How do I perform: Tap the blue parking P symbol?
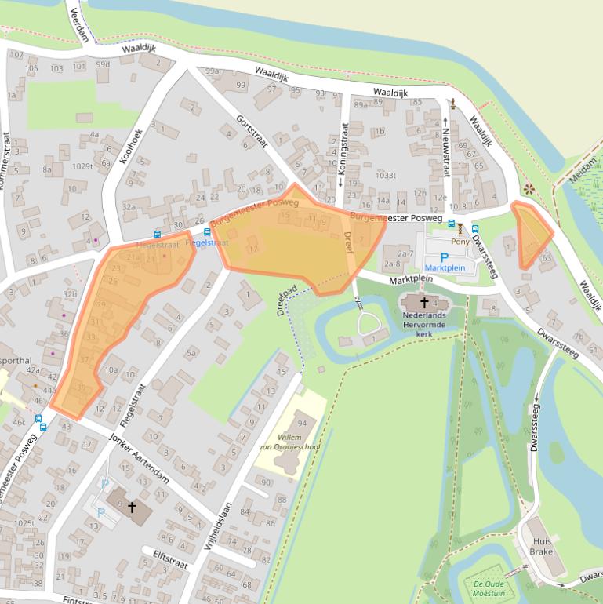[x=445, y=257]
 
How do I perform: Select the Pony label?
[x=460, y=243]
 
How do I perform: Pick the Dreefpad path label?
[x=289, y=299]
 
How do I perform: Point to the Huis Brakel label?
[x=542, y=546]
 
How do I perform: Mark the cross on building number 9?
[x=132, y=508]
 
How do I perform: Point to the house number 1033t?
[x=386, y=176]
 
